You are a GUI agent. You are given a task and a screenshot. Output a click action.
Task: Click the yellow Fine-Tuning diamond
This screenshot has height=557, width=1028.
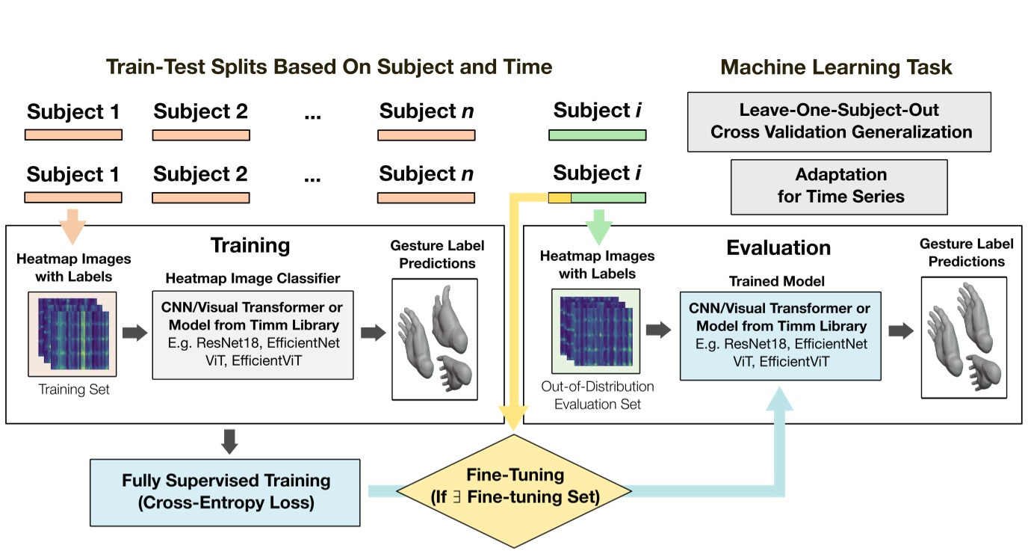coord(513,487)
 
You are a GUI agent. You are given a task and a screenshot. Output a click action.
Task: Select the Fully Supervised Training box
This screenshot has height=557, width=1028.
coord(225,492)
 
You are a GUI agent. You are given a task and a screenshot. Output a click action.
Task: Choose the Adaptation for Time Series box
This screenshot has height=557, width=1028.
coord(840,186)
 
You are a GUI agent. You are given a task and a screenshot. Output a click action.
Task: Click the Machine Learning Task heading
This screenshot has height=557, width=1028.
coord(836,67)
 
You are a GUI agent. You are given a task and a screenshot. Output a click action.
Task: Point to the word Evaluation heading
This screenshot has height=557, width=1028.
coord(778,247)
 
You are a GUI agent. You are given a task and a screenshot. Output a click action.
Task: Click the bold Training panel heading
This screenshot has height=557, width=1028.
coord(250,245)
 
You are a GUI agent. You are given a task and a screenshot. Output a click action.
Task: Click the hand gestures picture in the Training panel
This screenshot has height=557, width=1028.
coord(434,338)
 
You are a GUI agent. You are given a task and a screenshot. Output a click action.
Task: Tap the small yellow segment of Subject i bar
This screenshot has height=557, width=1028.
coord(560,198)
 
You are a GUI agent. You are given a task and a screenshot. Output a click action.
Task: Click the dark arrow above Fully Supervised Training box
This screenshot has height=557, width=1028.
coord(230,441)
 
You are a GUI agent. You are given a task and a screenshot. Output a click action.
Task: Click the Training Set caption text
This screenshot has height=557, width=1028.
coord(73,390)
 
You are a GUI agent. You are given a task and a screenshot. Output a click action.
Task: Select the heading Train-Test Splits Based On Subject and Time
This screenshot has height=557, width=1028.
coord(329,67)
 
